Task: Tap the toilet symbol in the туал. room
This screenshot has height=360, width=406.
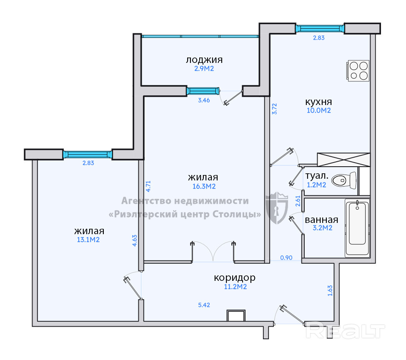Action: tap(344, 180)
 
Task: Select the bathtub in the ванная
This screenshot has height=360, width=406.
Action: tap(357, 228)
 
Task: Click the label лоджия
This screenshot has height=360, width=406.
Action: tap(204, 60)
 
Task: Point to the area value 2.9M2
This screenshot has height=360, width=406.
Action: tap(204, 69)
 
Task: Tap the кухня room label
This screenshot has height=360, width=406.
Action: tap(318, 102)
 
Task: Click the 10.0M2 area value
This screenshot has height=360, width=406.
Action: tap(319, 110)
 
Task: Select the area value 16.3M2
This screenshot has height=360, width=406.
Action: tap(204, 186)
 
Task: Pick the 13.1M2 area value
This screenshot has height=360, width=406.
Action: tap(88, 240)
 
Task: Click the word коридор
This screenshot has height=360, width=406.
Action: tap(235, 277)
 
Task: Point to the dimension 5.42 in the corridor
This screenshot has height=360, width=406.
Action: tap(204, 305)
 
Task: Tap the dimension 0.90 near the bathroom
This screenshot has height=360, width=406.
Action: tap(286, 258)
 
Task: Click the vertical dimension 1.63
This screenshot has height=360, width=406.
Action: tap(330, 291)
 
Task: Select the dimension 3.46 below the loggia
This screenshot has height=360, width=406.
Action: tap(204, 100)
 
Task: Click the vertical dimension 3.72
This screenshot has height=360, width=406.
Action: tap(275, 109)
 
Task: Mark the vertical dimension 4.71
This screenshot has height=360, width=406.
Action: tap(148, 186)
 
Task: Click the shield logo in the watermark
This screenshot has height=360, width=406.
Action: tap(277, 208)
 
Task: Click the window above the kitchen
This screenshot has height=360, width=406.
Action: tap(320, 28)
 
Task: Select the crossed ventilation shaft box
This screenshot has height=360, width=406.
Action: tap(343, 160)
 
